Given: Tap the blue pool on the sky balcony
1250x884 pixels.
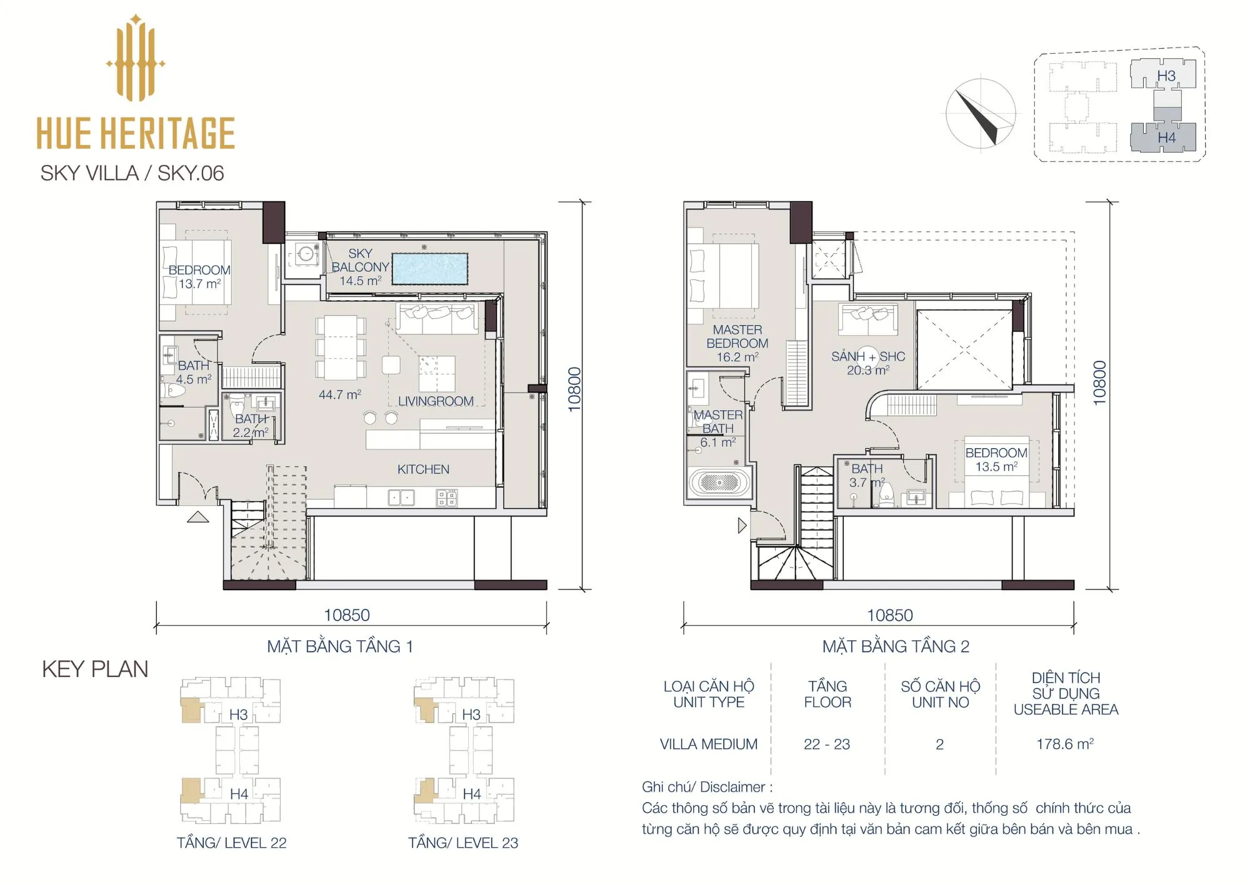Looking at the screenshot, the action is coord(429,269).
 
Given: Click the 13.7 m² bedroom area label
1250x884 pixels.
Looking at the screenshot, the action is coord(199,284).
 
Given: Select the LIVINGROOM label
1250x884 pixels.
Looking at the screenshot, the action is coord(436,401).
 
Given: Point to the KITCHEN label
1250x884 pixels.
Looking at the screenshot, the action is coord(423,470).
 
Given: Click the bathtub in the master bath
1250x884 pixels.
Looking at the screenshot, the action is coord(719,483).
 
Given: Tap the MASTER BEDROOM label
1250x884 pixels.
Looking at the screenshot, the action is coord(737,336).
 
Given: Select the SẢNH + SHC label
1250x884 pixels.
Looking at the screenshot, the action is coord(868,356).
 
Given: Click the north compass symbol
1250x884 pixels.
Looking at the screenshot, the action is coord(981,114).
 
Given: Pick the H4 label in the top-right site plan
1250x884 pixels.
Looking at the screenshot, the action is coord(1166,138).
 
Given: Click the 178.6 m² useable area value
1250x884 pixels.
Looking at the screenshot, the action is coord(1065,744).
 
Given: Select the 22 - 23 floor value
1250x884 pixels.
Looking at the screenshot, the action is coord(827,745).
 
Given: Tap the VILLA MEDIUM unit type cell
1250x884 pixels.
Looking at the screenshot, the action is coord(709,745).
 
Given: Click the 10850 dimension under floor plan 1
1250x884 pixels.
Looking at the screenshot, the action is coord(347,615).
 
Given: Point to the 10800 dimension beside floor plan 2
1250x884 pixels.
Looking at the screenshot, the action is coord(1099,383).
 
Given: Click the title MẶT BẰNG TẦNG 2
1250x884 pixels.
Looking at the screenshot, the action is coord(896,646).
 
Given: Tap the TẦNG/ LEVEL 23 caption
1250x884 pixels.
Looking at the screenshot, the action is coord(463,843).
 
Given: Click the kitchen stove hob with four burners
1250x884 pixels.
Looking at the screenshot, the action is coord(447,498).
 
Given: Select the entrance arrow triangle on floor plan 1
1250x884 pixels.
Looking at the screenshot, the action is coord(198,517).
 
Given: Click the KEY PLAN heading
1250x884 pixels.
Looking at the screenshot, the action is coord(95,670).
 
